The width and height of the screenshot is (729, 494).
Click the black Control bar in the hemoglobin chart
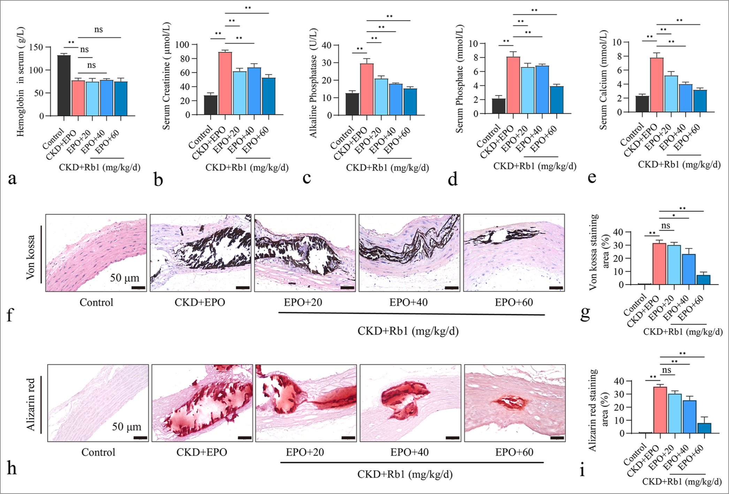click(64, 86)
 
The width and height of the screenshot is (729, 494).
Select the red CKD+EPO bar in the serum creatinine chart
click(225, 84)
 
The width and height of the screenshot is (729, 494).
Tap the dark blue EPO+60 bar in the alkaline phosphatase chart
click(410, 102)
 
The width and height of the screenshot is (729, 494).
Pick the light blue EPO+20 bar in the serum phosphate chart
click(528, 91)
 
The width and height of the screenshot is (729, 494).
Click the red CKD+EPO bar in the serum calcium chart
click(657, 85)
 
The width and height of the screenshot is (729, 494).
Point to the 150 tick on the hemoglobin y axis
click(36, 47)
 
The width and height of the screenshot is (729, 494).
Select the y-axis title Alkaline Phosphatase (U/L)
click(313, 83)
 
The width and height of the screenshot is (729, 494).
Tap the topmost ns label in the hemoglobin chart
click(99, 30)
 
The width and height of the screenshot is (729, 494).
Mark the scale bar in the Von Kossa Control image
click(138, 288)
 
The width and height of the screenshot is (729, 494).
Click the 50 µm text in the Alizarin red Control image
click(126, 427)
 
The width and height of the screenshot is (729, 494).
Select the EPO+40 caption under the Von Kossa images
click(408, 302)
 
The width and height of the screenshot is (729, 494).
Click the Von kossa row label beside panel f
click(31, 257)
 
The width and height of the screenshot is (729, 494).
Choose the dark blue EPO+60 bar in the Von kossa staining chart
click(704, 280)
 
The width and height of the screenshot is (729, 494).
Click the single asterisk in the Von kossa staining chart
click(674, 216)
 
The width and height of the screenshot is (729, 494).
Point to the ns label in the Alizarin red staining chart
click(666, 370)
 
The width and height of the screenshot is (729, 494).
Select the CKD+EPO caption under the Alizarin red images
click(201, 452)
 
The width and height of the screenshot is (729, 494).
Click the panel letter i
click(582, 470)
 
